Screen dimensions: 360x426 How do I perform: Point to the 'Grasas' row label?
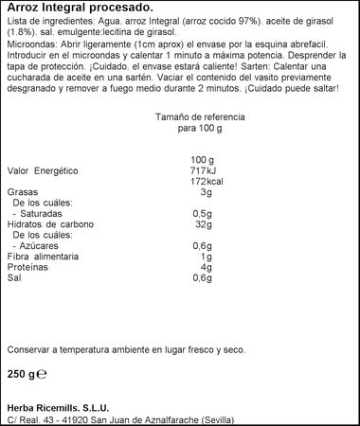tap(25, 192)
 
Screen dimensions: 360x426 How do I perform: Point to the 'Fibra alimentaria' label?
tap(48, 258)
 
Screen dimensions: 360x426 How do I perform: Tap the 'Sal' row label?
tap(15, 280)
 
